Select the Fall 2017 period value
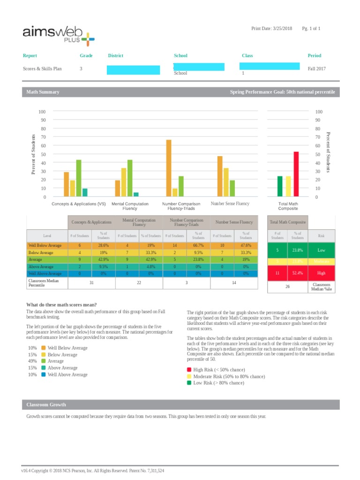tap(316, 68)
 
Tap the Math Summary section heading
tap(43, 92)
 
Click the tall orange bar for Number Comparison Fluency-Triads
tap(169, 168)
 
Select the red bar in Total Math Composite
tap(296, 174)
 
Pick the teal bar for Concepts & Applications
tap(85, 192)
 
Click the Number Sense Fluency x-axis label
tap(230, 204)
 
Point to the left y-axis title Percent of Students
tap(34, 154)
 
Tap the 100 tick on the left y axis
tap(42, 112)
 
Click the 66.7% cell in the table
tap(198, 245)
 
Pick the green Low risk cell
tap(321, 250)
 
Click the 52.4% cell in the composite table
tap(297, 272)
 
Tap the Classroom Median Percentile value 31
tap(91, 283)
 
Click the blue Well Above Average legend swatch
tap(43, 375)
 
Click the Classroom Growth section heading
tap(46, 405)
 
